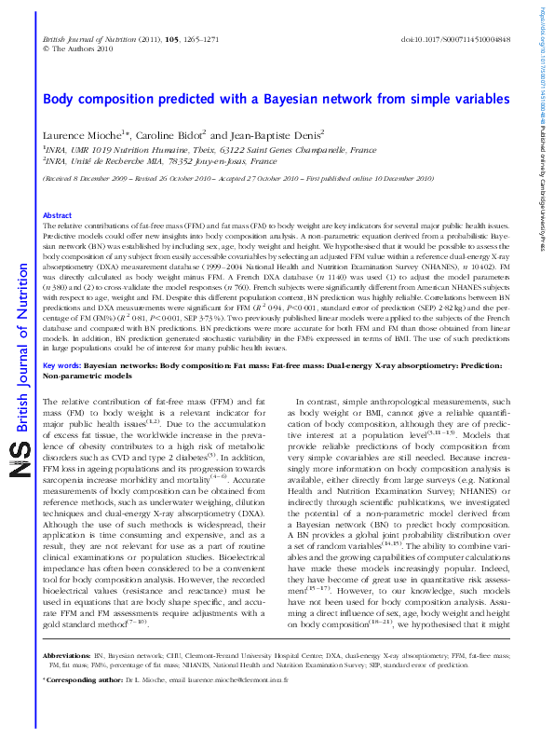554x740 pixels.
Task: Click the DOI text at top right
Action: point(455,41)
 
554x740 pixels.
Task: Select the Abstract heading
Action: point(58,215)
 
